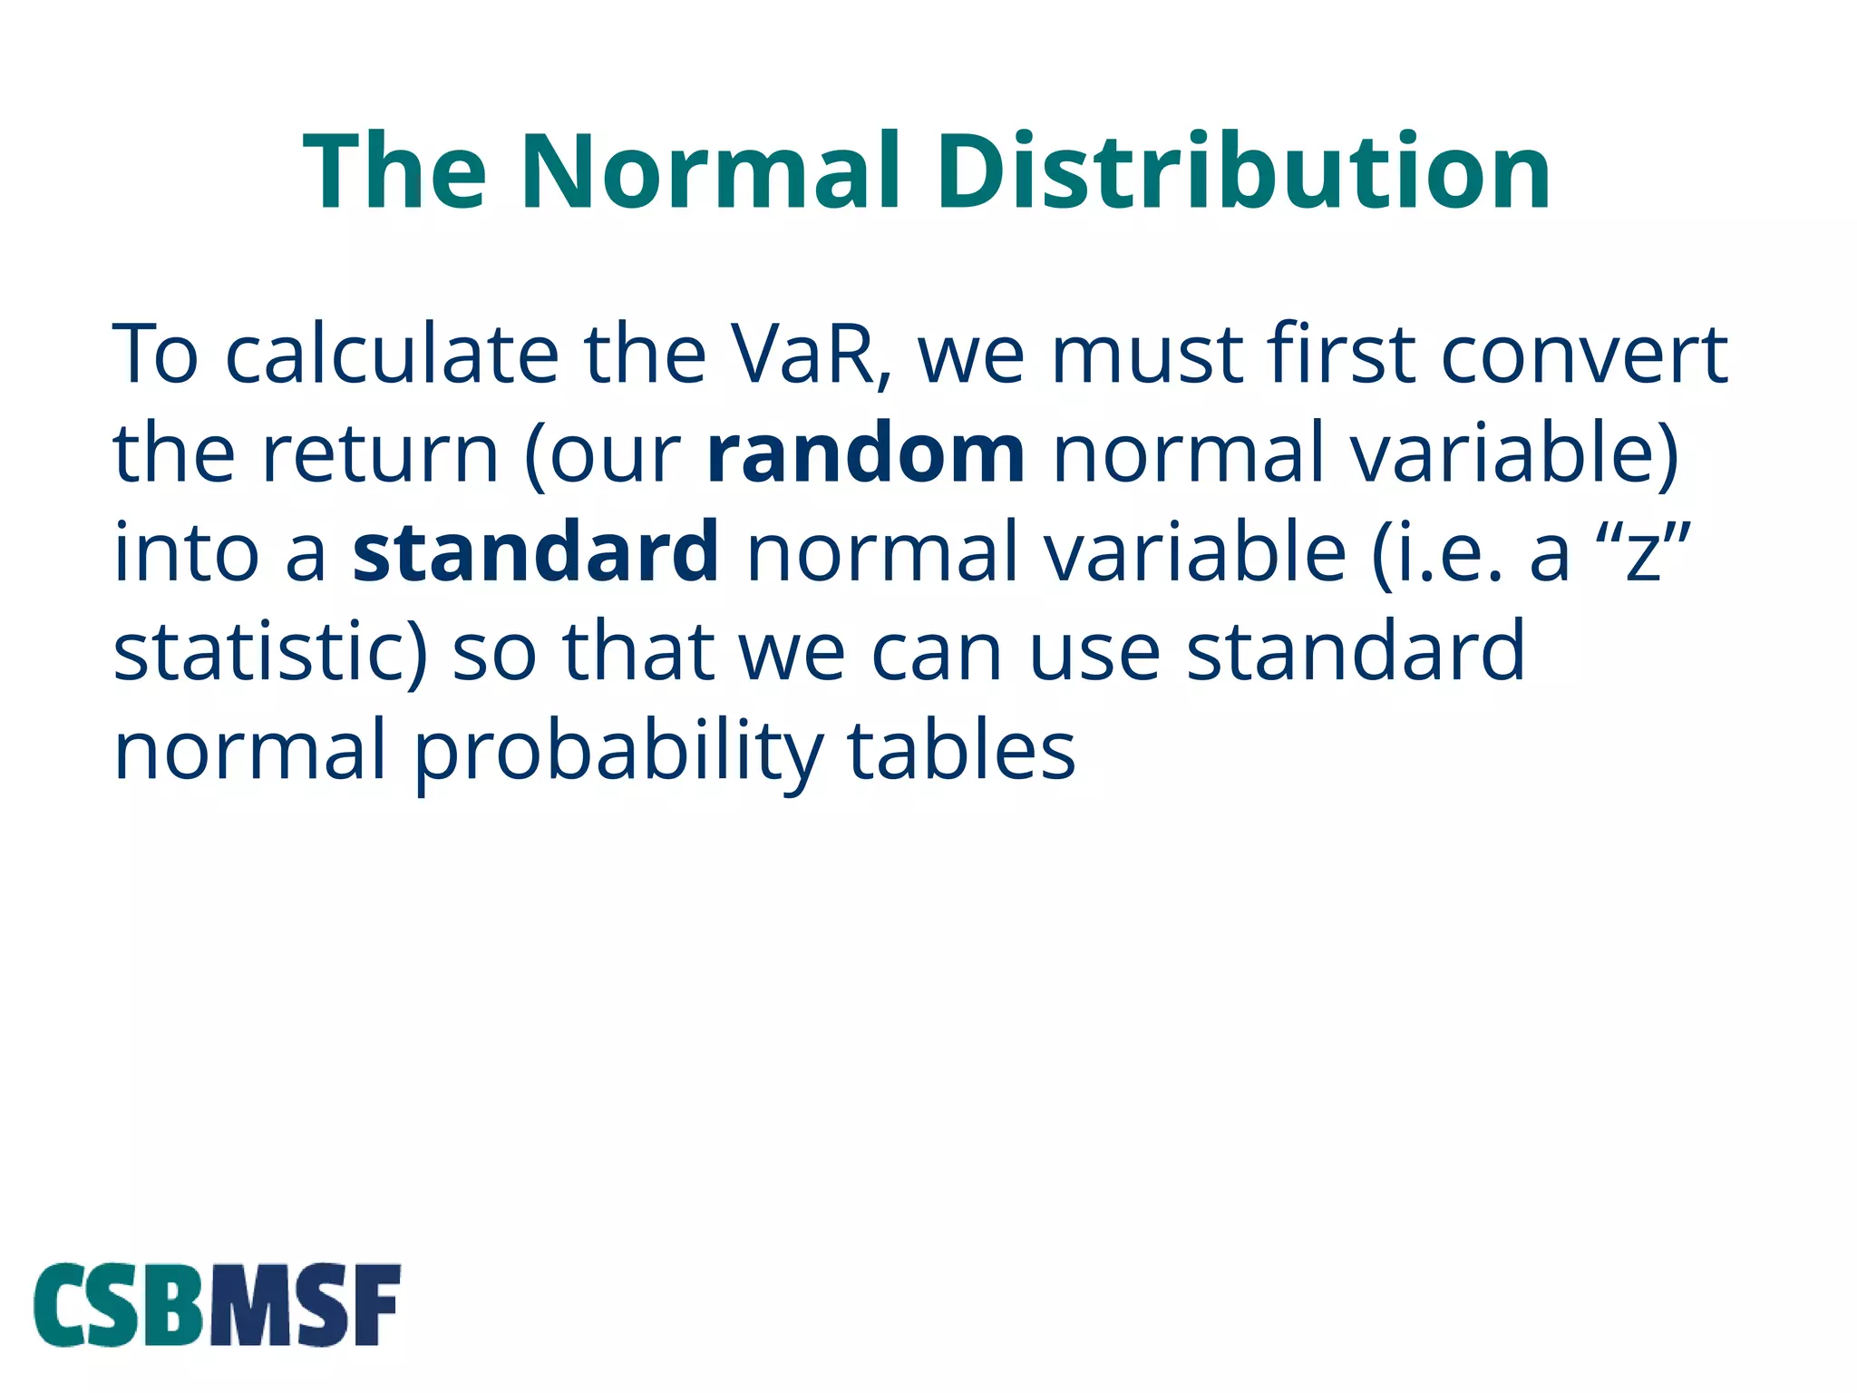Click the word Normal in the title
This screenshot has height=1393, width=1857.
point(711,172)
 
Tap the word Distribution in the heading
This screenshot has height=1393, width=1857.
point(1243,172)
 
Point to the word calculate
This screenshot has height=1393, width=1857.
point(391,355)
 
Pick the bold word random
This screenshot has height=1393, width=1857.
point(865,453)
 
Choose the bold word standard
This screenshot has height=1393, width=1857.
point(536,552)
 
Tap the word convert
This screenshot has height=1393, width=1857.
point(1584,355)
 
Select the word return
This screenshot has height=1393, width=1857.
point(381,453)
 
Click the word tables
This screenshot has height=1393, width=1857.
point(961,750)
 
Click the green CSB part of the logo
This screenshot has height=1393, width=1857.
point(122,1306)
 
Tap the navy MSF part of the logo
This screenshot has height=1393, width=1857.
point(306,1306)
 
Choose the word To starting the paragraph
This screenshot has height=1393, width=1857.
point(155,355)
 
